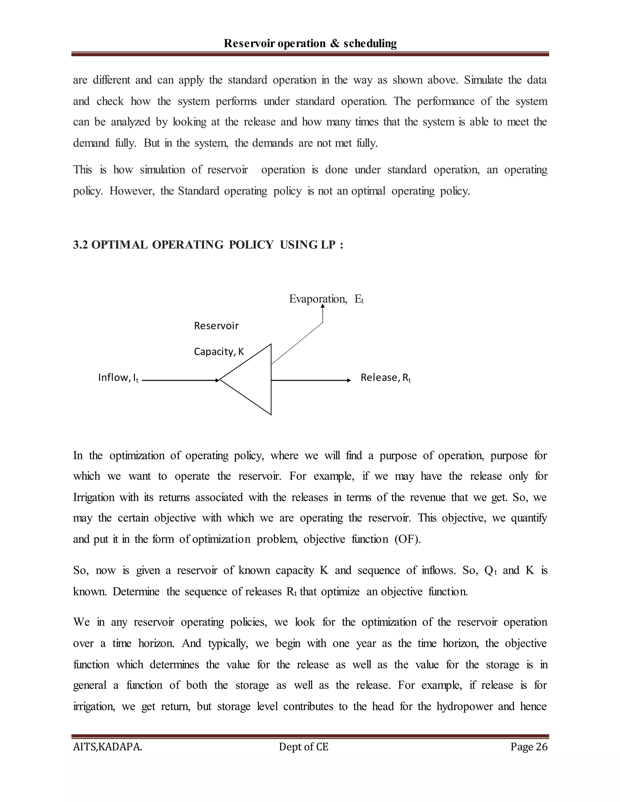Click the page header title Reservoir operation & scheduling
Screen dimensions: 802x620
tap(310, 43)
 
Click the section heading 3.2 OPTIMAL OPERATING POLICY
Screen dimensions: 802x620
tap(208, 245)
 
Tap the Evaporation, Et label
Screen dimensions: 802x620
tap(326, 299)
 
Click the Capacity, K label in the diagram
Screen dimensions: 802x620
tap(219, 352)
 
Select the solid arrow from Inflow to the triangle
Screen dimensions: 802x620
tap(180, 380)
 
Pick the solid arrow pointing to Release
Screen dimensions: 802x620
tap(311, 380)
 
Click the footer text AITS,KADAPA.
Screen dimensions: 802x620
tap(107, 747)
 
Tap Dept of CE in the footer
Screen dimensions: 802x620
tap(303, 747)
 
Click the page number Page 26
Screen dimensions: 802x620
tap(529, 747)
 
